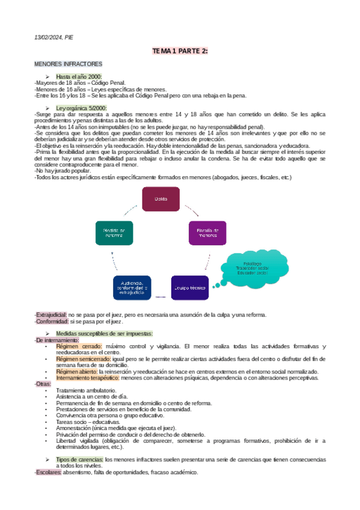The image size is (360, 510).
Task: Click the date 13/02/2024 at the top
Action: (x=47, y=37)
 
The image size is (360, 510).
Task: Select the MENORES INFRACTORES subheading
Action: (x=68, y=64)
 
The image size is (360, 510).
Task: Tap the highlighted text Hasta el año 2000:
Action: (x=79, y=76)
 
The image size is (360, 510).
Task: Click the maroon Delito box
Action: (x=160, y=198)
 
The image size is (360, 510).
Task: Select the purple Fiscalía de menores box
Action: (x=207, y=233)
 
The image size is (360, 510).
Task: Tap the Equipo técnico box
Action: (x=191, y=287)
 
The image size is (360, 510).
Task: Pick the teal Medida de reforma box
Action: (x=114, y=233)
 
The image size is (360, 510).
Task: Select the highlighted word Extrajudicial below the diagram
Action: (x=50, y=315)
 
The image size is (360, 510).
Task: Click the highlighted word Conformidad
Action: (x=50, y=322)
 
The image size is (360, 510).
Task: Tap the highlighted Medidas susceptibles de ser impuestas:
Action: (x=104, y=333)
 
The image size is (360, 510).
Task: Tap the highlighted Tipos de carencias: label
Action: (x=79, y=459)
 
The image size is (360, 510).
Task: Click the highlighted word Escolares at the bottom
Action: (x=47, y=472)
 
